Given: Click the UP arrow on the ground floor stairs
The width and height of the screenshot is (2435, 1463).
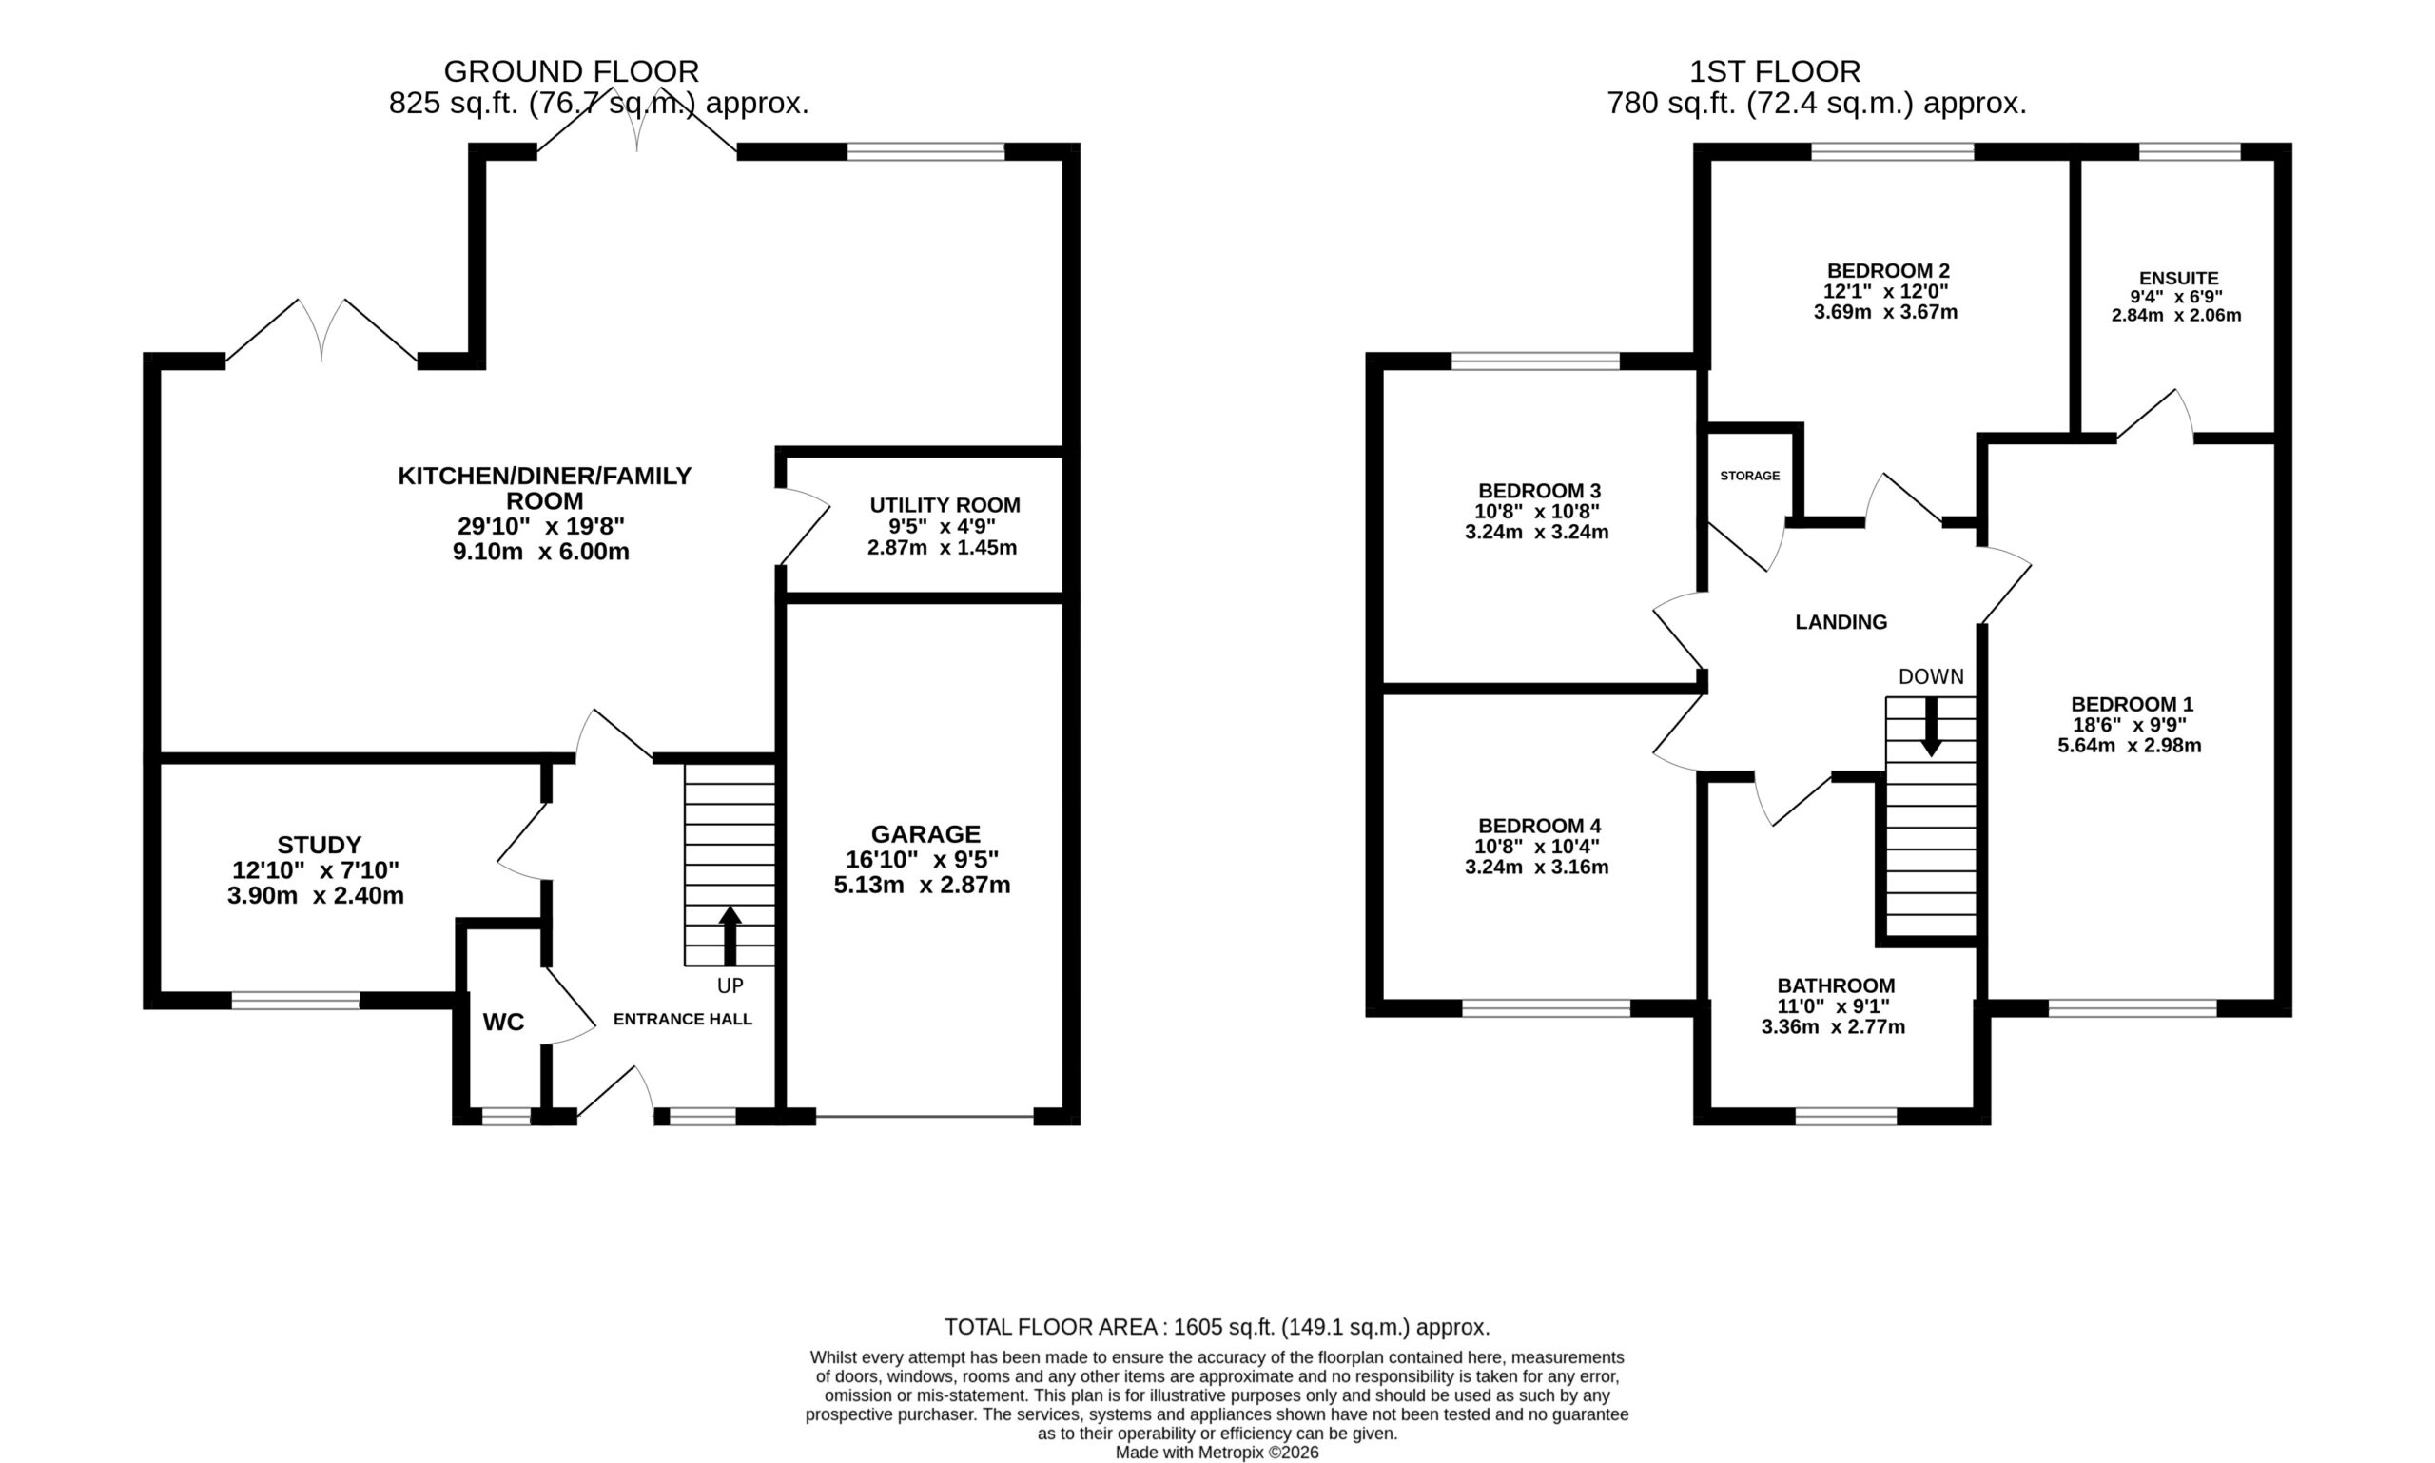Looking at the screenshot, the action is click(x=730, y=936).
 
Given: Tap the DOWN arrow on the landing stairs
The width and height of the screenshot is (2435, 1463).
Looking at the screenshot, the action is click(x=1931, y=727).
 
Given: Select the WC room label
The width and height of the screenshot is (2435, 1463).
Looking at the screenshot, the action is click(x=504, y=1023).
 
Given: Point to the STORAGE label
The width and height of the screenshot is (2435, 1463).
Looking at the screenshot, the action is click(x=1750, y=476).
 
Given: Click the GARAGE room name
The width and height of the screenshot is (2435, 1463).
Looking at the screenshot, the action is click(x=925, y=834).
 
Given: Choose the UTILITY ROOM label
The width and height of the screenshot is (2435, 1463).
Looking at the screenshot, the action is click(x=945, y=505).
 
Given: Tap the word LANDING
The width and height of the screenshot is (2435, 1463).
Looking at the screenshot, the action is click(x=1841, y=622).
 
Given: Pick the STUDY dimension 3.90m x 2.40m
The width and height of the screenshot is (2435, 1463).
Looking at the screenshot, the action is click(x=316, y=896).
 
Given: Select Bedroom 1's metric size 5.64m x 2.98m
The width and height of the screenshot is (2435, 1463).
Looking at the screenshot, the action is click(x=2130, y=746).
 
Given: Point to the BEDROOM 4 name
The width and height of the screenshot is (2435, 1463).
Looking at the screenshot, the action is click(x=1539, y=825).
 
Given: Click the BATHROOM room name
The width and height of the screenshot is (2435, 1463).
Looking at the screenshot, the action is click(x=1836, y=985).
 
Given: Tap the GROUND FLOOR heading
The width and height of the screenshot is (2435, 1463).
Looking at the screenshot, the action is click(x=572, y=71).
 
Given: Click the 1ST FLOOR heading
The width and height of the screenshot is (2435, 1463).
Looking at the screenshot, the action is click(x=1776, y=71).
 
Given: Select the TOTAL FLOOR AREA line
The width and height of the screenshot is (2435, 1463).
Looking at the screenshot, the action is click(x=1217, y=1327).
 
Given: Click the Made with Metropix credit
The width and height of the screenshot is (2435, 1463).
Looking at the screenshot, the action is click(x=1217, y=1453).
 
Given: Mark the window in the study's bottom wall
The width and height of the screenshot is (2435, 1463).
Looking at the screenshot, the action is click(x=296, y=1001).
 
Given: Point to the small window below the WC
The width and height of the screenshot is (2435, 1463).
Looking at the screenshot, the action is click(x=506, y=1116).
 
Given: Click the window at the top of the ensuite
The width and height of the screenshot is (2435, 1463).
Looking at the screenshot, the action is click(x=2190, y=151).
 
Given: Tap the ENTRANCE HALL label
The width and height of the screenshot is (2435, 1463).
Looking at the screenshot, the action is click(x=682, y=1019).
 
